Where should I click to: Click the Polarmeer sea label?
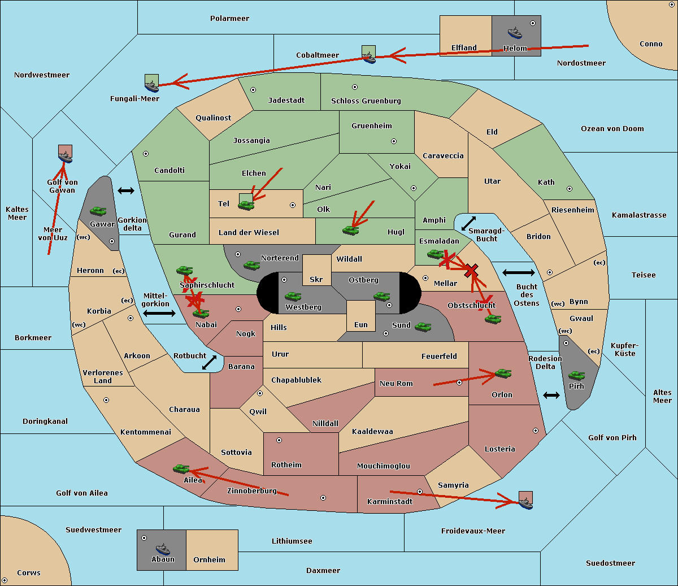(229, 19)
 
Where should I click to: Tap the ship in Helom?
(515, 33)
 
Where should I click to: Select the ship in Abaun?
(163, 549)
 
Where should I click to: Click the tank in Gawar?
(98, 211)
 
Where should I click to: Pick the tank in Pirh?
(576, 375)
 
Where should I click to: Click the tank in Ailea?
(181, 469)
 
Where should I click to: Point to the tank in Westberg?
(293, 297)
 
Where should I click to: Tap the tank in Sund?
(423, 327)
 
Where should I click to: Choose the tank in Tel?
(246, 205)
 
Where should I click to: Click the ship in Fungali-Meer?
(152, 86)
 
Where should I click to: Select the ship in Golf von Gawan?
(66, 157)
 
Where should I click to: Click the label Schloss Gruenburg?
(366, 101)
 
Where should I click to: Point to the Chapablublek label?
(296, 380)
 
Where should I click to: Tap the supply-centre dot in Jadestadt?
(253, 90)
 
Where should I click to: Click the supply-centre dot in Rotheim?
(279, 440)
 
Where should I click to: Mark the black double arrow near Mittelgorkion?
(159, 313)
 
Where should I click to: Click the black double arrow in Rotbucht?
(209, 363)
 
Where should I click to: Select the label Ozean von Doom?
(612, 129)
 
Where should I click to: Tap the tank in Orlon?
(503, 374)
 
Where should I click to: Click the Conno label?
(651, 44)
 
